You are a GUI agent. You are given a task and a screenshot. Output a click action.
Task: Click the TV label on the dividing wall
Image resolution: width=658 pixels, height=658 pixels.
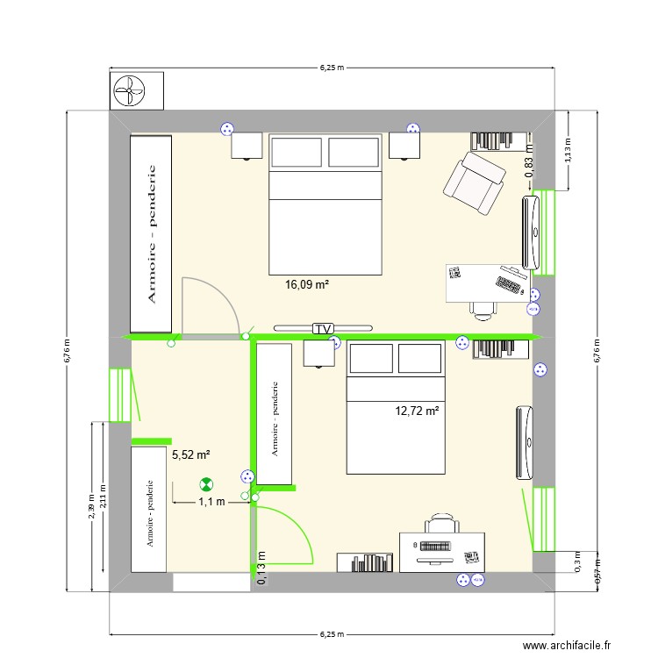pos(323,329)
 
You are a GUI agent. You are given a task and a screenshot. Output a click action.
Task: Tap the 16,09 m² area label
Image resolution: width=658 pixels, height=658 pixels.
pos(307,284)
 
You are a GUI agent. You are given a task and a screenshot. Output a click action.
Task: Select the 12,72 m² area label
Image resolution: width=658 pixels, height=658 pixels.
pos(417,410)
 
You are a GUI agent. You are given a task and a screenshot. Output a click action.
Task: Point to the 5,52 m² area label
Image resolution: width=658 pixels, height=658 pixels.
pos(190,454)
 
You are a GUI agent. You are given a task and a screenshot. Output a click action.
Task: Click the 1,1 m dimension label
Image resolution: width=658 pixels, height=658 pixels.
pos(211,502)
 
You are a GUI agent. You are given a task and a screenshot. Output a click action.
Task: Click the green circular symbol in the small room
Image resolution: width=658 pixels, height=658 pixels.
pos(206,483)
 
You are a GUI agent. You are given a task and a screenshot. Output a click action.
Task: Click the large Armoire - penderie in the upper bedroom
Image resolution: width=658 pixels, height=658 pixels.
pos(151,233)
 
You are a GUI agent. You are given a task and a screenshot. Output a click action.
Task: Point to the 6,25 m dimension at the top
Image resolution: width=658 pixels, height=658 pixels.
pos(332,67)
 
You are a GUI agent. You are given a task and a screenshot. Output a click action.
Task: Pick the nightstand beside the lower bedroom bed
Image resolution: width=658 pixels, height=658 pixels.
pos(319,353)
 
